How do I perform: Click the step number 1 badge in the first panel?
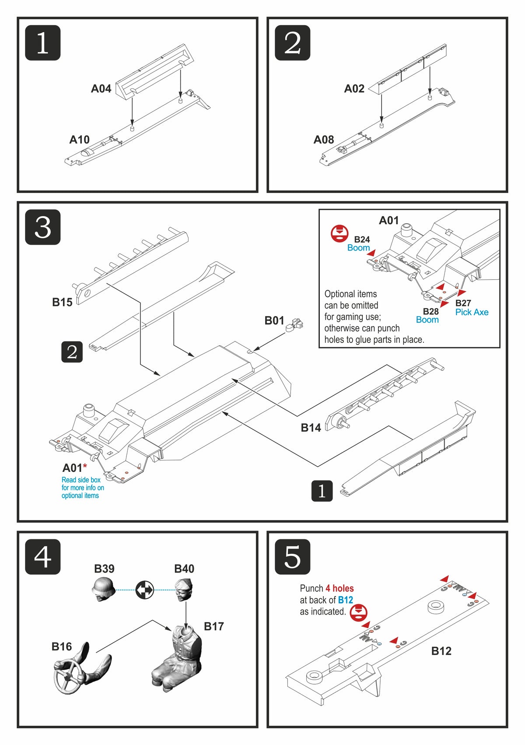tap(42, 43)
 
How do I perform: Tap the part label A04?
tap(101, 89)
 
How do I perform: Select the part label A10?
tap(79, 140)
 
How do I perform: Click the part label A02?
tap(354, 89)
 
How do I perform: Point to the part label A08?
tap(323, 140)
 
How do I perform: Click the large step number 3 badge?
tap(42, 227)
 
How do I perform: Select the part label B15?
tap(62, 302)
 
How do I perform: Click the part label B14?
tap(311, 428)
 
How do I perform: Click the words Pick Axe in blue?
tap(472, 312)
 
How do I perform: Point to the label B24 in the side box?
tap(362, 239)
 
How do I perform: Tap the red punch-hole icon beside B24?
tap(339, 233)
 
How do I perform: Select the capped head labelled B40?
tap(183, 589)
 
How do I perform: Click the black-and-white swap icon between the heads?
tap(144, 590)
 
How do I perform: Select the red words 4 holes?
tap(339, 588)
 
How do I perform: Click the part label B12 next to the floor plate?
tap(441, 651)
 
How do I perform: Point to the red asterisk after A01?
tap(85, 466)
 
